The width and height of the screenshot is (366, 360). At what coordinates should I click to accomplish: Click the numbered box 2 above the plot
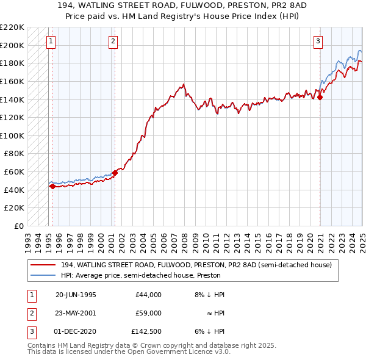113,41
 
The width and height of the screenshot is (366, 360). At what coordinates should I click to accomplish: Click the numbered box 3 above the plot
318,41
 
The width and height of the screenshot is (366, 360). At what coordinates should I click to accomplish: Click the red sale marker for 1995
52,187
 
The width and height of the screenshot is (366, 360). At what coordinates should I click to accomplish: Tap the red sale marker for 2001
115,173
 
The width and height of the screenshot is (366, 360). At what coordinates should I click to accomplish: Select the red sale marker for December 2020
320,97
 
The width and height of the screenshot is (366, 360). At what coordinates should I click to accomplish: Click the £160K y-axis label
12,81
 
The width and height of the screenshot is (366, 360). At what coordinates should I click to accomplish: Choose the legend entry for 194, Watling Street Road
196,265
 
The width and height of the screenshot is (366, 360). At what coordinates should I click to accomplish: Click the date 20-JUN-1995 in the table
76,295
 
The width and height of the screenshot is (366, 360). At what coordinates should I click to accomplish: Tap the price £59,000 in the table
148,313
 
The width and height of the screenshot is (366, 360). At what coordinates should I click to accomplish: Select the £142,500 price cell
146,331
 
